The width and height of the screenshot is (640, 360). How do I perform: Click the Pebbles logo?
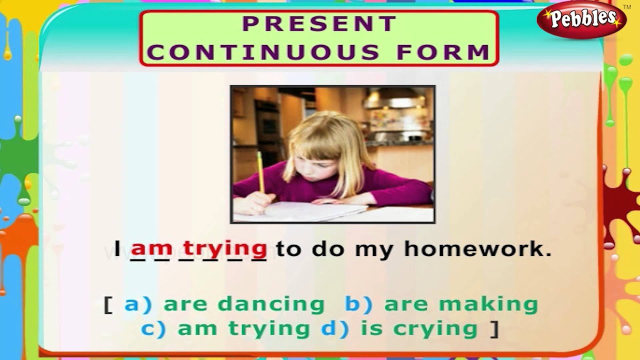click(x=581, y=20)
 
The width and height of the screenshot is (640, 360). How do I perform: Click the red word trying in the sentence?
click(x=225, y=248)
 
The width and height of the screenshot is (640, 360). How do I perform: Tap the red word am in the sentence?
click(x=151, y=248)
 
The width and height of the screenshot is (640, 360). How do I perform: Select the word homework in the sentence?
click(x=477, y=248)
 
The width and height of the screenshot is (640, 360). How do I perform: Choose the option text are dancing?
click(x=244, y=304)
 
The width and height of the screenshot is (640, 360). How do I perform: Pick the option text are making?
click(x=460, y=304)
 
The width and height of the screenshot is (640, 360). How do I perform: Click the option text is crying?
click(x=435, y=328)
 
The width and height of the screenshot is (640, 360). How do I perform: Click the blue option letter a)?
click(x=137, y=304)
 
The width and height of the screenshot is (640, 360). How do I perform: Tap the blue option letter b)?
click(x=358, y=304)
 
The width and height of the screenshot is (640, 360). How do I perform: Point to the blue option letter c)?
click(x=154, y=328)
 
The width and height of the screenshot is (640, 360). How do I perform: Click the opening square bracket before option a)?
click(x=108, y=304)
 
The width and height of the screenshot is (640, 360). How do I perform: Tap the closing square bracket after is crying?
click(x=494, y=328)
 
